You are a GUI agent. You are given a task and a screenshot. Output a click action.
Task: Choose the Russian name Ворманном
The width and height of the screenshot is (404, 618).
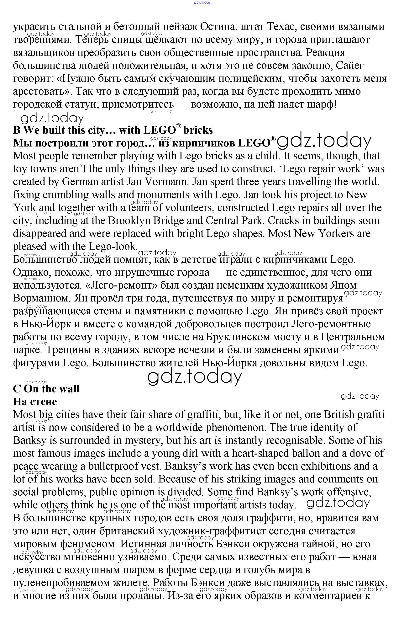41,298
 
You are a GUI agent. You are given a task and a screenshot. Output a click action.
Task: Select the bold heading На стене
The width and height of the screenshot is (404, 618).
35,402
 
